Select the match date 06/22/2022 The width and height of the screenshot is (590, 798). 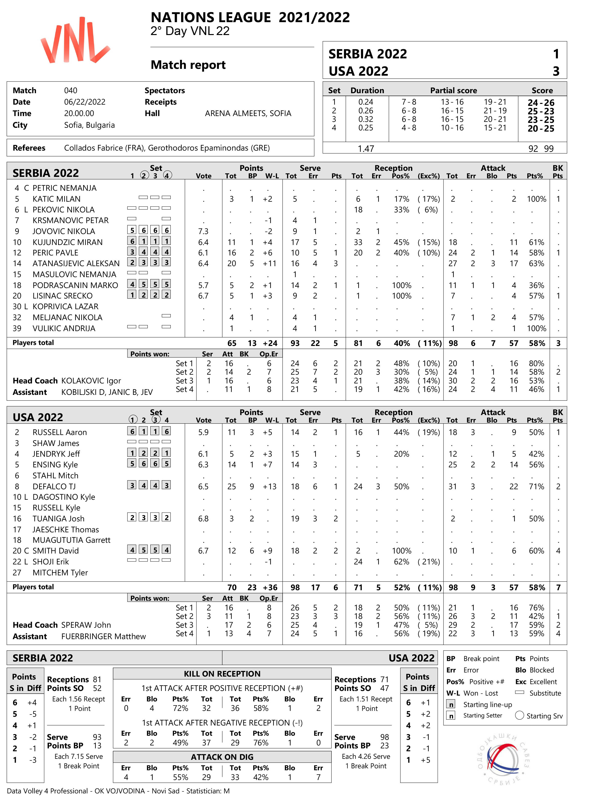[85, 102]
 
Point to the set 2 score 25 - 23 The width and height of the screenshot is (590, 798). [540, 111]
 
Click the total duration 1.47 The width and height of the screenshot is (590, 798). [366, 149]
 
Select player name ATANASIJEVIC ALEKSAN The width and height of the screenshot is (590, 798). [76, 264]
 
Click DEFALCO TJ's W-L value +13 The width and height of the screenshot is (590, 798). [270, 487]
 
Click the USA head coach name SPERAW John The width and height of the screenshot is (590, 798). [86, 625]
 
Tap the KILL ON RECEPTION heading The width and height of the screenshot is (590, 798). [222, 674]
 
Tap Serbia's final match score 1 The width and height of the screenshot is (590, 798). [556, 54]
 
